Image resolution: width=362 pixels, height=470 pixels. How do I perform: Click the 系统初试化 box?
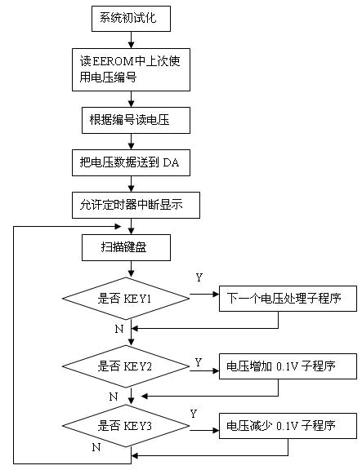click(x=131, y=19)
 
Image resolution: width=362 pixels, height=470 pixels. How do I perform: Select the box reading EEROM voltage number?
click(x=131, y=69)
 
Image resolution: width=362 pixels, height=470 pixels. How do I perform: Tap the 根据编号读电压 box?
click(x=136, y=120)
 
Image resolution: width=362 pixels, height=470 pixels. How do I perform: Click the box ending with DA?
click(x=131, y=162)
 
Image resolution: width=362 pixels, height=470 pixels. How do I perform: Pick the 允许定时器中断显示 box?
click(x=136, y=205)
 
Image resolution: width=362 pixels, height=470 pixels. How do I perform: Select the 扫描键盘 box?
click(x=126, y=247)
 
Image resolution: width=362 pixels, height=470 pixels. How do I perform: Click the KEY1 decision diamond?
click(x=126, y=299)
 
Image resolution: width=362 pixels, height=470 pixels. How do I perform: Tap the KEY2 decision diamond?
click(x=126, y=366)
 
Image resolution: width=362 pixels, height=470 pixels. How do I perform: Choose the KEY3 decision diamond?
click(x=126, y=426)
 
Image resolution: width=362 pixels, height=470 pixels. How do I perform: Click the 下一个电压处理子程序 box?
click(x=288, y=299)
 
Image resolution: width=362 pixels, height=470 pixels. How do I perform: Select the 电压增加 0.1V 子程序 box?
click(x=288, y=366)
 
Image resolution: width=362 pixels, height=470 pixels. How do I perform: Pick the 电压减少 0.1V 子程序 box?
click(x=288, y=426)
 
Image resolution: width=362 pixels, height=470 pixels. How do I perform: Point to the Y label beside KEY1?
click(x=199, y=277)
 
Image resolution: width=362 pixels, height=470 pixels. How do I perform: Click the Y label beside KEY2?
click(x=198, y=362)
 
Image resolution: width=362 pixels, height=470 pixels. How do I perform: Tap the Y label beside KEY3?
click(x=194, y=414)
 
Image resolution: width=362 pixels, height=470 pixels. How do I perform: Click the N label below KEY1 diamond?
click(x=119, y=329)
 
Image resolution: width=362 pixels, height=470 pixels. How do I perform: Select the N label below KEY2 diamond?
click(x=113, y=397)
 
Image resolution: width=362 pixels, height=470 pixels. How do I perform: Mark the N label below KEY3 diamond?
click(x=96, y=447)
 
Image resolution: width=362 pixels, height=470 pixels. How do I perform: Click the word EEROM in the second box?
click(x=113, y=61)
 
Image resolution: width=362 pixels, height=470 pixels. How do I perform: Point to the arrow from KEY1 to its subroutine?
click(x=204, y=295)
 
